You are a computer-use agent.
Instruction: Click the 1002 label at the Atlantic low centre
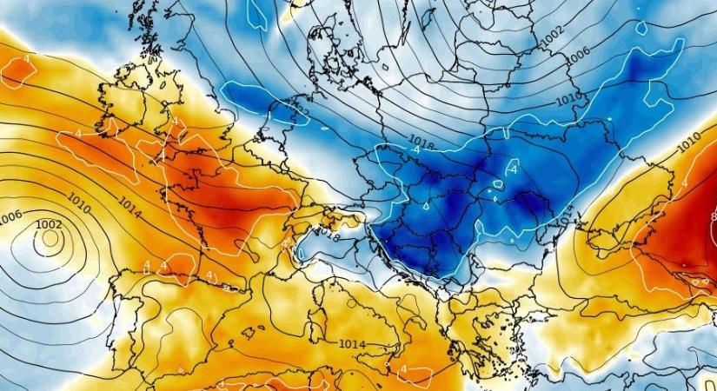(49, 225)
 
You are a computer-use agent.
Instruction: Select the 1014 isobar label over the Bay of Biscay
(129, 207)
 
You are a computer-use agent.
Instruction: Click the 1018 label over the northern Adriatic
(328, 233)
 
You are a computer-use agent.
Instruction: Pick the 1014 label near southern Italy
(351, 345)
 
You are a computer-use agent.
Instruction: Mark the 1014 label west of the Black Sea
(567, 222)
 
